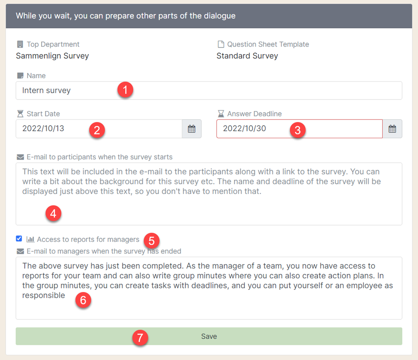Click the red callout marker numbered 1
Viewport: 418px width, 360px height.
(125, 90)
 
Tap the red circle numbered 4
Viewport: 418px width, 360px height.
(53, 214)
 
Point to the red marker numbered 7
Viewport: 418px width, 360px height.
(140, 338)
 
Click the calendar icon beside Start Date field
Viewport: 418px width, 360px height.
(192, 129)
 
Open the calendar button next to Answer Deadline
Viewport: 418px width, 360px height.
(392, 129)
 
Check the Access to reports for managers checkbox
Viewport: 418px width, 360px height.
(19, 239)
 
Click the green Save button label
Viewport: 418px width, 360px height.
(209, 336)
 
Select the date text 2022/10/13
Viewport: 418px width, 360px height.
(43, 129)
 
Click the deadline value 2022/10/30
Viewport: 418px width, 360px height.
(244, 129)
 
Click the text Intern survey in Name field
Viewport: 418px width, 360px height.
(46, 90)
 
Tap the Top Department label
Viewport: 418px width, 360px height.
(53, 44)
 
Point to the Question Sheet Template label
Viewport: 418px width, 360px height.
(268, 44)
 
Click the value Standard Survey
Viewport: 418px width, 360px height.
(247, 56)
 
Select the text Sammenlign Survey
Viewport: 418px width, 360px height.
(52, 56)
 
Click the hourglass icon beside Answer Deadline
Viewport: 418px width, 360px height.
(221, 114)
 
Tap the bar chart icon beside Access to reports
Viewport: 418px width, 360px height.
(30, 239)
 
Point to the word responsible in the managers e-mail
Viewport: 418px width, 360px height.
(44, 295)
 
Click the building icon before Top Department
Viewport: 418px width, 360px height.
(20, 44)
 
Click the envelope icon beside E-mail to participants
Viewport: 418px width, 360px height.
(20, 157)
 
